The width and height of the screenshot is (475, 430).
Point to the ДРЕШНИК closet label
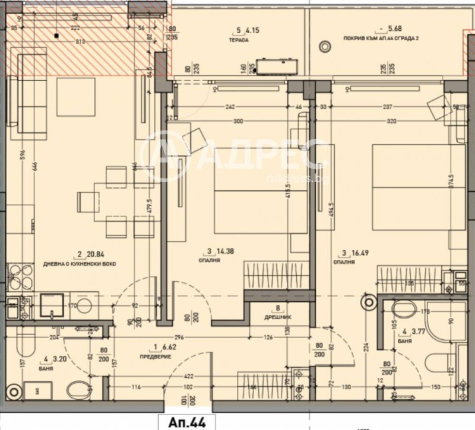277,317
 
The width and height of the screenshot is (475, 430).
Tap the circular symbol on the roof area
325,46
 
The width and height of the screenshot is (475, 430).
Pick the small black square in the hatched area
55,36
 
